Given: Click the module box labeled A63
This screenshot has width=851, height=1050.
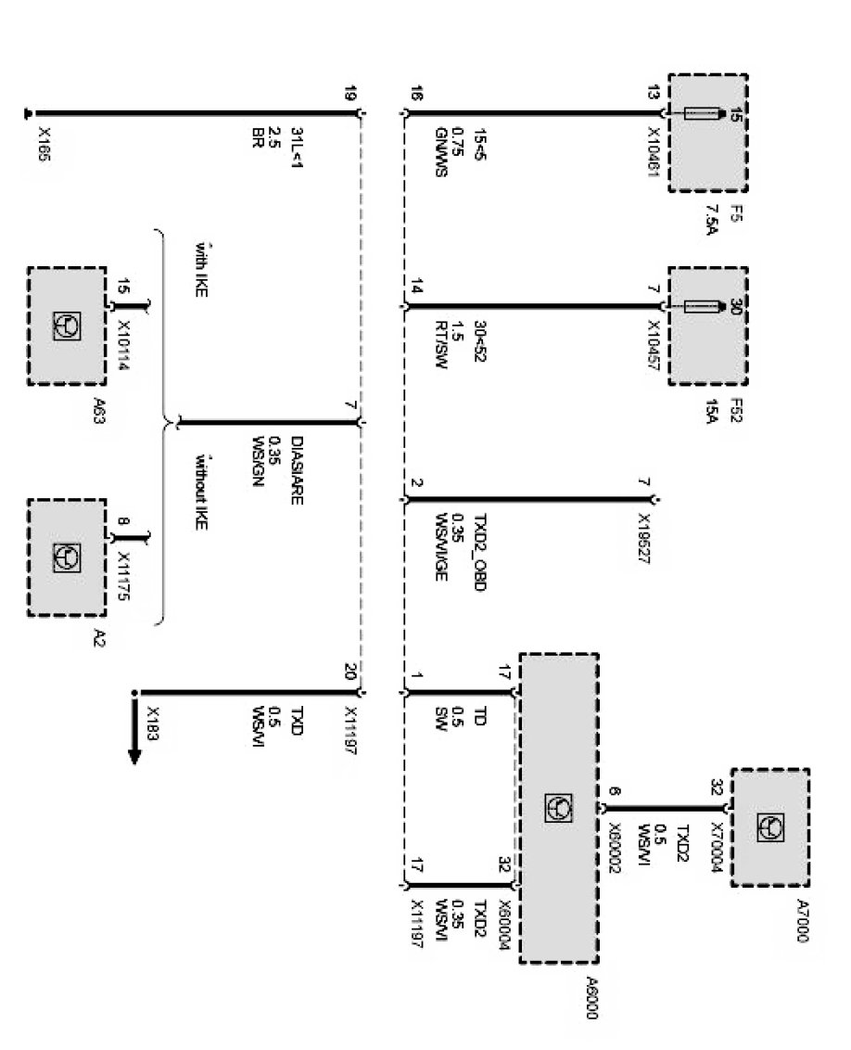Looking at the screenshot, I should tap(67, 326).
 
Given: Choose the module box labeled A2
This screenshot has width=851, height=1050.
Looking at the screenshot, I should tap(67, 557).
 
